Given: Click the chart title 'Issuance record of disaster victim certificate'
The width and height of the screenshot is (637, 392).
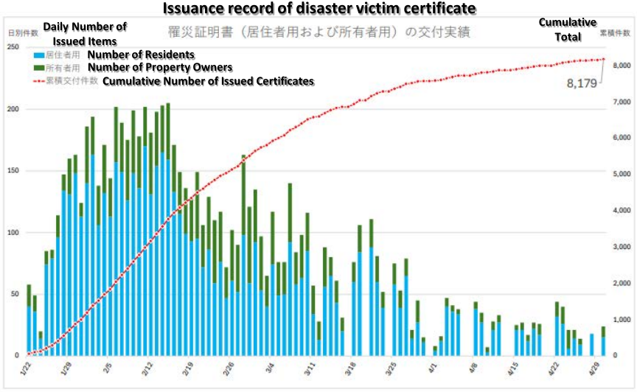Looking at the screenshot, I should pos(318,9).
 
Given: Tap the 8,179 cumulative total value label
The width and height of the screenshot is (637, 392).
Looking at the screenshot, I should pos(582,84).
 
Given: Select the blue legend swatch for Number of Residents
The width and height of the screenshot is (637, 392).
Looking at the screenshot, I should pos(38,55).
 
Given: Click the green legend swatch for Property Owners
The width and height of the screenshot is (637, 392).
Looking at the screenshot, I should pos(38,68).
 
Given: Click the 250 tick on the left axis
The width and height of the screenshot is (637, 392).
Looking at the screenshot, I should pos(13,47).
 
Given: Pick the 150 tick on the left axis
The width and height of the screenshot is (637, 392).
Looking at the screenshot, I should pos(13,171).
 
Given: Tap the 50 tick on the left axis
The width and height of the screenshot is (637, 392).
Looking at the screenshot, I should pos(15,294).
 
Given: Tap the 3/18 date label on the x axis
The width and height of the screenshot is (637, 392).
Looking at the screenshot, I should pos(352,366).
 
